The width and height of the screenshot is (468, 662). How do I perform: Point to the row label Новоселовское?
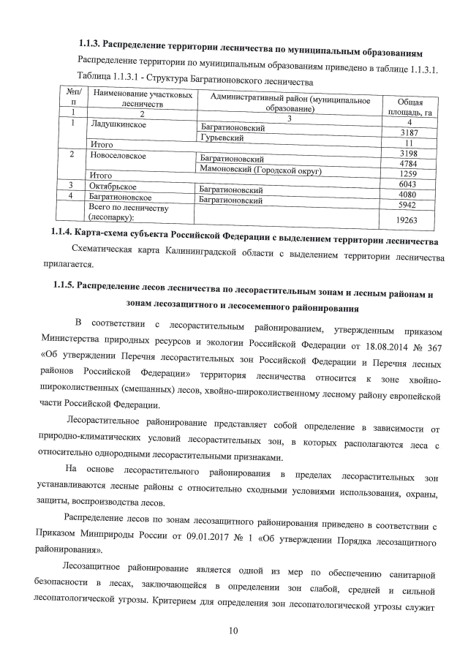click(x=118, y=155)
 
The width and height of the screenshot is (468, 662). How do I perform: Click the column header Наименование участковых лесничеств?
click(x=143, y=99)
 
